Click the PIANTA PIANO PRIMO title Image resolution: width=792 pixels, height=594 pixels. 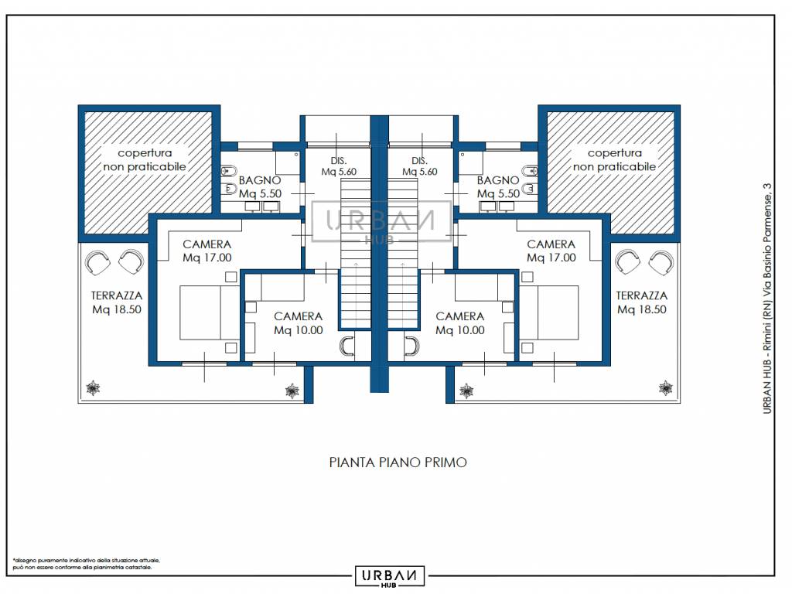[398, 463]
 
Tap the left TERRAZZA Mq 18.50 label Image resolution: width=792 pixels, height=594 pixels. [117, 302]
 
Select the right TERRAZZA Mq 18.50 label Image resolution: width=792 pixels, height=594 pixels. [641, 302]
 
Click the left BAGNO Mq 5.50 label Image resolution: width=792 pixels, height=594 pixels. [260, 187]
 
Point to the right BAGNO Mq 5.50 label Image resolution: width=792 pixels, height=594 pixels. [499, 187]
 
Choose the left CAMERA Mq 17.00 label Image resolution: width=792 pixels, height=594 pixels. [207, 251]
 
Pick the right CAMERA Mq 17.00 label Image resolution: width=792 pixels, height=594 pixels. [551, 251]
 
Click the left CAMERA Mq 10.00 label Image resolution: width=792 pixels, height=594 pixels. [299, 323]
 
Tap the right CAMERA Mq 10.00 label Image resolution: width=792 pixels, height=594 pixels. [460, 323]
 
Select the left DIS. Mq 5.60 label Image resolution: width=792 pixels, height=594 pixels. [339, 166]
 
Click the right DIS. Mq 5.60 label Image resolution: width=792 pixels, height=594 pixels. [420, 166]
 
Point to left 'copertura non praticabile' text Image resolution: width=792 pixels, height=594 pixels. [145, 159]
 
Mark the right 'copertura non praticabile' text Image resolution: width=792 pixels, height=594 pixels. [615, 159]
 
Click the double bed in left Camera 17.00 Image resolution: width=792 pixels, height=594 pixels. [210, 312]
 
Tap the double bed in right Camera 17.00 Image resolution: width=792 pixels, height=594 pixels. [549, 312]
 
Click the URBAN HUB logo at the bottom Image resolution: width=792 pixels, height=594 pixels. [390, 576]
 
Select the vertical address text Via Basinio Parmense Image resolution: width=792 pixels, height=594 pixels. [767, 299]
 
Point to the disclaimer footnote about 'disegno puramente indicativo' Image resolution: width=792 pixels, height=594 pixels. [87, 564]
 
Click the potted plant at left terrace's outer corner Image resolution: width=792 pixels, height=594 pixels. [93, 388]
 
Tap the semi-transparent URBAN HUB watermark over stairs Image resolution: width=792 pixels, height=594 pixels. [381, 222]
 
